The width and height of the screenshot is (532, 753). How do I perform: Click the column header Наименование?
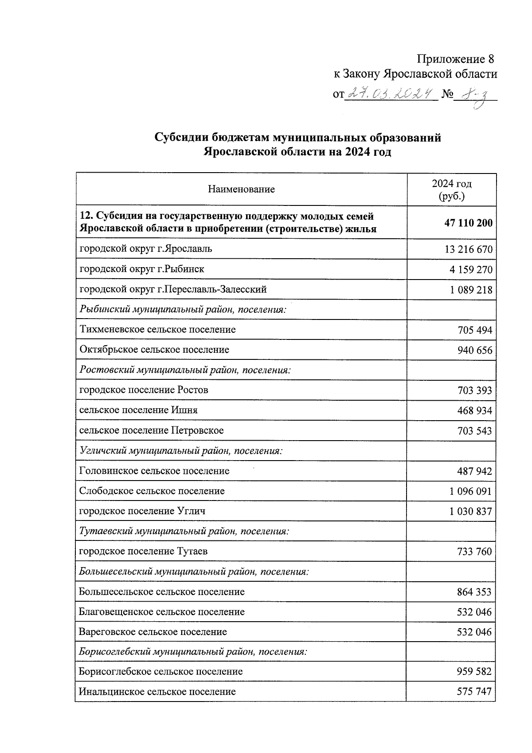click(x=241, y=189)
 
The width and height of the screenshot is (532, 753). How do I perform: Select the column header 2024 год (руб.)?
click(x=451, y=189)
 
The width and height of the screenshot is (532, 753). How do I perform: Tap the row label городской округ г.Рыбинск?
click(x=142, y=269)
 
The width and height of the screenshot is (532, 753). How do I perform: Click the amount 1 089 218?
click(x=470, y=290)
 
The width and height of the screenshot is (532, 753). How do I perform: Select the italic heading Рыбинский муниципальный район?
click(x=183, y=309)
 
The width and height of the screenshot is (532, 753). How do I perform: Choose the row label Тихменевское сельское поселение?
click(x=157, y=330)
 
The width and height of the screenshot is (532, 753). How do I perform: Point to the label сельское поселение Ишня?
click(x=138, y=410)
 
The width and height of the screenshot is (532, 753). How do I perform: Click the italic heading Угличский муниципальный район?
click(x=181, y=451)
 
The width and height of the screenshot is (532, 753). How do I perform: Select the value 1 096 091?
click(x=470, y=492)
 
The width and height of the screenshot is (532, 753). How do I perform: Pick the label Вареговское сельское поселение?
click(x=153, y=632)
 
